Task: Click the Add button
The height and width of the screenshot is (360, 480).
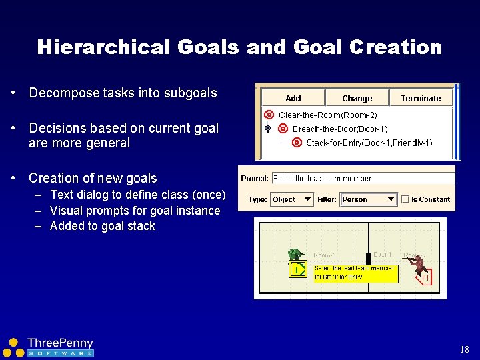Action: coord(293,98)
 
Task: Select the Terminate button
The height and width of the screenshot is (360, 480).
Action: coord(421,98)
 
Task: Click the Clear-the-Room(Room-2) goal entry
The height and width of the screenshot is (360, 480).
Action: coord(327,115)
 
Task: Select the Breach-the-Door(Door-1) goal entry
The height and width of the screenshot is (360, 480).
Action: coord(340,129)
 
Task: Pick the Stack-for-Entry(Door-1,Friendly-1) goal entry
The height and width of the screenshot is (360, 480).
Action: coord(369,143)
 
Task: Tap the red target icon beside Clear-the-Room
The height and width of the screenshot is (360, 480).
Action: coord(269,115)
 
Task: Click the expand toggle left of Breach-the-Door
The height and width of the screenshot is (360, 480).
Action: coord(267,129)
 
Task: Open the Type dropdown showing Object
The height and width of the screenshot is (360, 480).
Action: coord(291,199)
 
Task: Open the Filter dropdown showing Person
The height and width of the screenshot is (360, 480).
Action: coord(369,199)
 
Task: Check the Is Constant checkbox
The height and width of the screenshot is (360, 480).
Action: coord(405,199)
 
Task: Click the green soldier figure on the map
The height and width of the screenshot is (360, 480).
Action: coord(295,255)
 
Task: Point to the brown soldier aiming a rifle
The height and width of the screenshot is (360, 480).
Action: coord(417,264)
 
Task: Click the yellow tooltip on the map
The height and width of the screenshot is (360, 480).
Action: coord(355,273)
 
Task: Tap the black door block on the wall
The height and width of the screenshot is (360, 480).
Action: coord(367,259)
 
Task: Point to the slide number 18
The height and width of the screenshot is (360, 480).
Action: coord(465,349)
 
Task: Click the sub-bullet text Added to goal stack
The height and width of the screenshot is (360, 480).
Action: coord(102,226)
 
